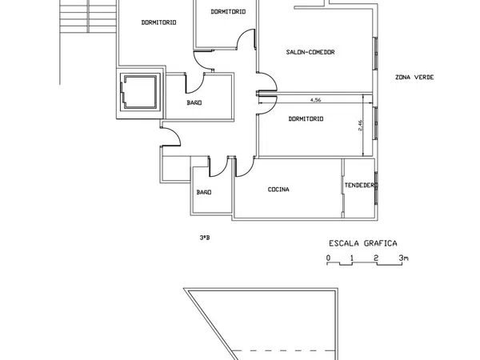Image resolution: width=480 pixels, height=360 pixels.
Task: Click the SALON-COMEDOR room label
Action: pyautogui.click(x=310, y=52)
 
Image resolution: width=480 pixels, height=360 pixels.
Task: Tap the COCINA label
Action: pyautogui.click(x=278, y=190)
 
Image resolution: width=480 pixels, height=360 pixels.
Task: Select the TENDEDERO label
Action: pyautogui.click(x=361, y=186)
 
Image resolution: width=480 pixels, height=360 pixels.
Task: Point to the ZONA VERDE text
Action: pyautogui.click(x=414, y=77)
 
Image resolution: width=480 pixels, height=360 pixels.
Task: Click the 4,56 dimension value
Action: pyautogui.click(x=316, y=100)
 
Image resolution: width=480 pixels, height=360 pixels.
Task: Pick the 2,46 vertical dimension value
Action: pyautogui.click(x=360, y=126)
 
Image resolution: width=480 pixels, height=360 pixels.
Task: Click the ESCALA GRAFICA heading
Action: pyautogui.click(x=363, y=243)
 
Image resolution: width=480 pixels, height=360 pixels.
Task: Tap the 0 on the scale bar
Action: pyautogui.click(x=329, y=258)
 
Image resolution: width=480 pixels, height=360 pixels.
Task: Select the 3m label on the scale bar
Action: pyautogui.click(x=403, y=258)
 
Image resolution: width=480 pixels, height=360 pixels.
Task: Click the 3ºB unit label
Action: pyautogui.click(x=205, y=238)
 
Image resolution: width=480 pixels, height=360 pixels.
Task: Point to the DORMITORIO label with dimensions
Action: pyautogui.click(x=306, y=118)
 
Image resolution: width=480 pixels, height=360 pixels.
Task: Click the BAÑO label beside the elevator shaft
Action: pyautogui.click(x=194, y=102)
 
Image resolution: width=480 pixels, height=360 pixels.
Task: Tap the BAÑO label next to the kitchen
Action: pyautogui.click(x=204, y=192)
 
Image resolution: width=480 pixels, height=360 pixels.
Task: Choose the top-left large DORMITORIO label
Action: pyautogui.click(x=158, y=22)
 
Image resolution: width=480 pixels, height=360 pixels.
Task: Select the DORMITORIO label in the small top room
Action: pyautogui.click(x=228, y=12)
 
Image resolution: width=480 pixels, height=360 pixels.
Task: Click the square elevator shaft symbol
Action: pyautogui.click(x=140, y=92)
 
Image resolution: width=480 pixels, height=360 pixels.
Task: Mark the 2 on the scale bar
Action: pyautogui.click(x=376, y=258)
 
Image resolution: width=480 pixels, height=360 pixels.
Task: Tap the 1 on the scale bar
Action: pyautogui.click(x=352, y=258)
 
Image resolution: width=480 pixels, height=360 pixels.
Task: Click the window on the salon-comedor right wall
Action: pyautogui.click(x=376, y=54)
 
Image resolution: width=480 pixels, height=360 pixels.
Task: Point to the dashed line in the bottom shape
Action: pyautogui.click(x=282, y=350)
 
